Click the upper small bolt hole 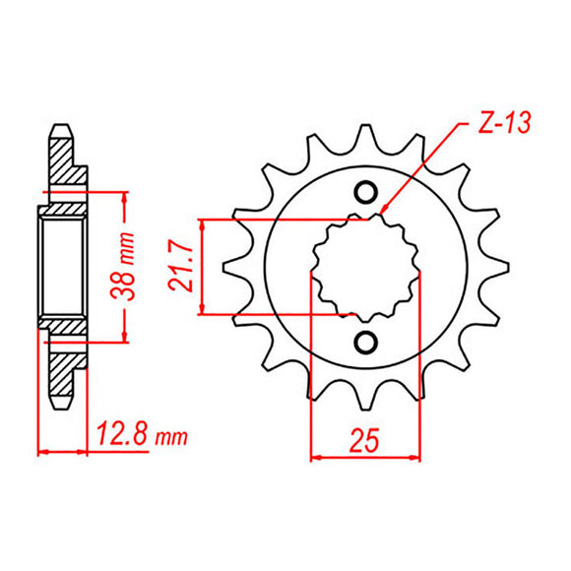[x=365, y=192]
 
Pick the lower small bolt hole [x=365, y=342]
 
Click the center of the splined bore [x=365, y=267]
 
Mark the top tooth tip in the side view [x=62, y=127]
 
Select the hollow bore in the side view [x=62, y=267]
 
